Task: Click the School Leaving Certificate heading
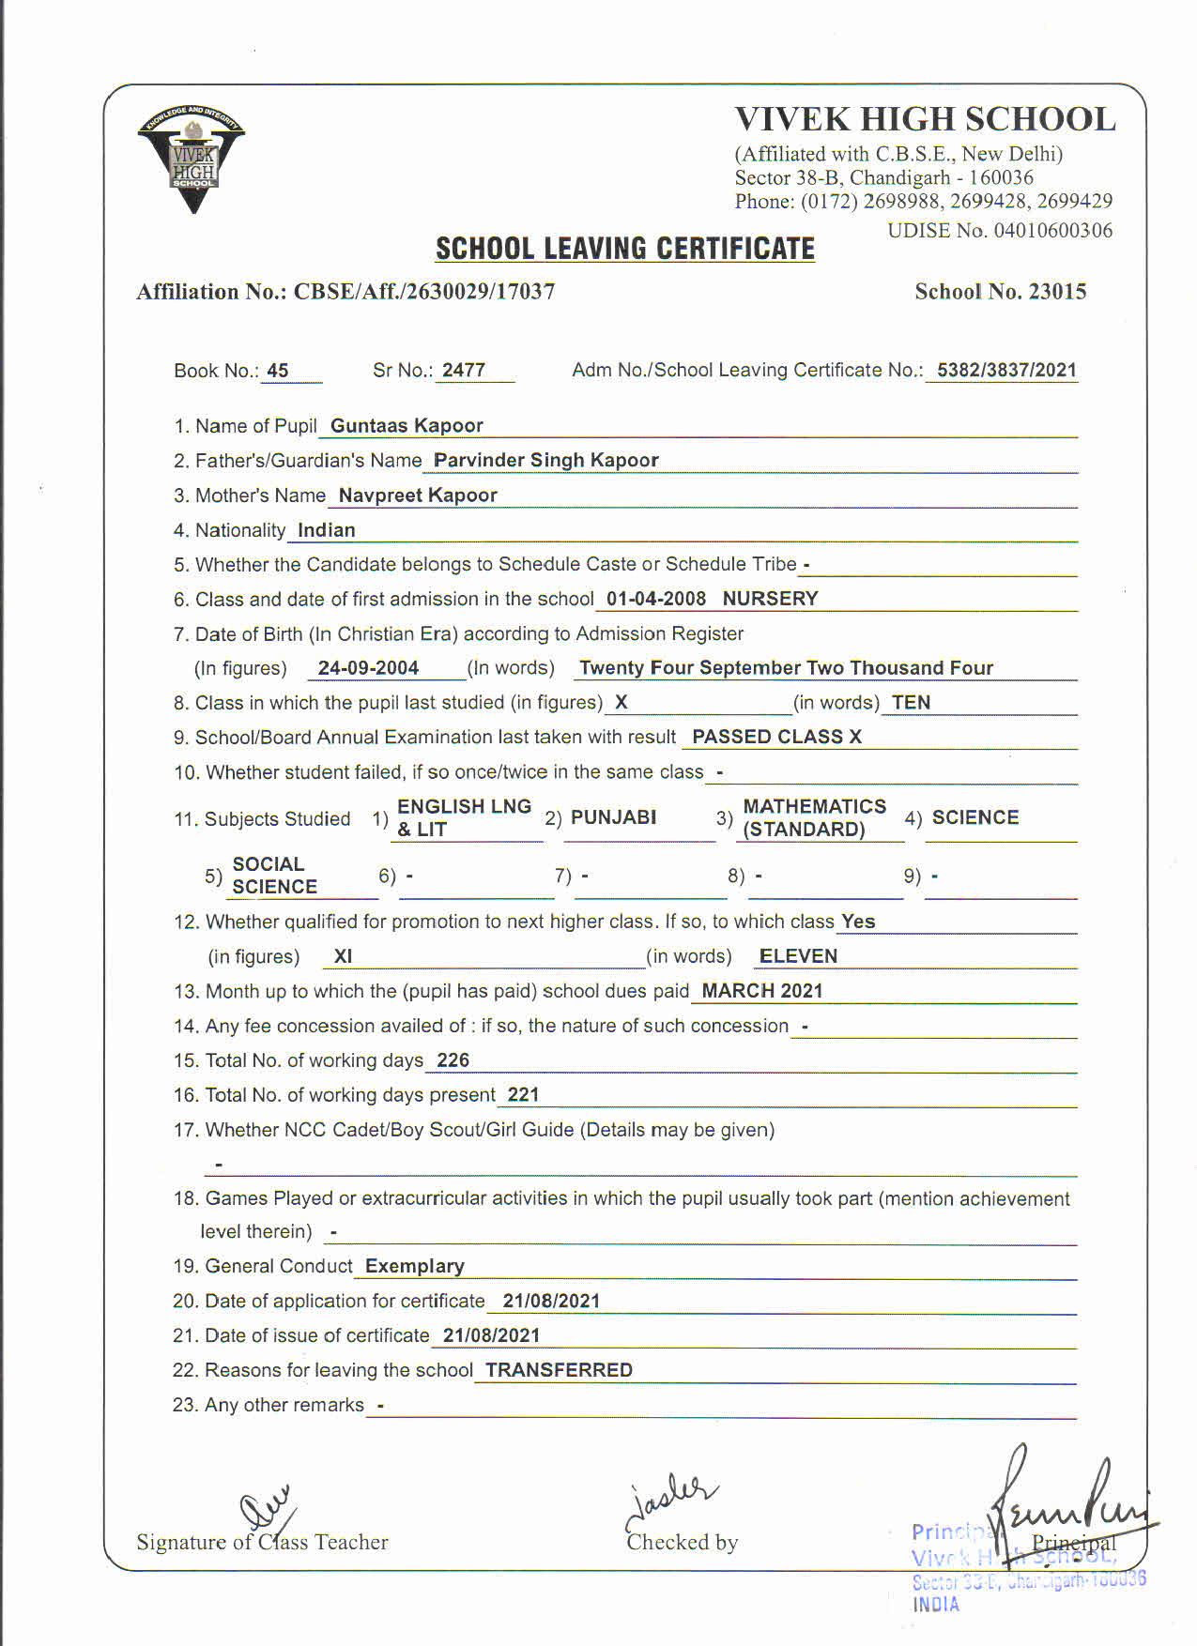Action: [624, 249]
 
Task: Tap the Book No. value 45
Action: [277, 370]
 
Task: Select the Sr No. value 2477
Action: [464, 370]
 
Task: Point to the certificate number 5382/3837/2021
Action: [1006, 370]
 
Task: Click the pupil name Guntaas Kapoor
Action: [407, 425]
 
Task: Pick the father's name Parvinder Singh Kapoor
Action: [545, 460]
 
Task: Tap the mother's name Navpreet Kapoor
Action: [418, 495]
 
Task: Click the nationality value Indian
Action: [326, 529]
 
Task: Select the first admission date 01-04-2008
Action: [655, 599]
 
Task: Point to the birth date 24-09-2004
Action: [368, 667]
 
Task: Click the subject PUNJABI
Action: [613, 816]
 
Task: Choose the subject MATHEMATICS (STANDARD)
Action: [814, 817]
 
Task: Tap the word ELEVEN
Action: [798, 955]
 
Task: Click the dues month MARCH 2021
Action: [761, 990]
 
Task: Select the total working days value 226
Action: [453, 1059]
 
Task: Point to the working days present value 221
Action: [523, 1094]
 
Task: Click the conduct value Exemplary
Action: [414, 1266]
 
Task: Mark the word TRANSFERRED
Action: [559, 1370]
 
